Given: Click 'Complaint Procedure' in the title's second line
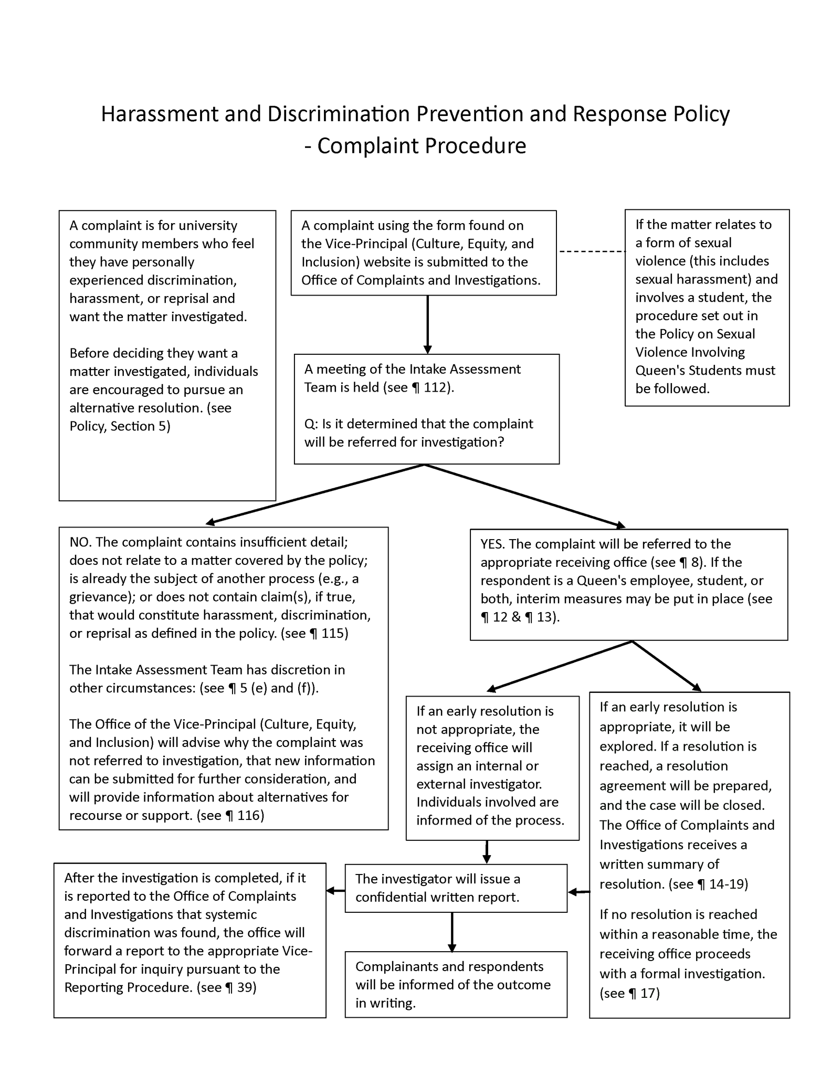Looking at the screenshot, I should tap(422, 146).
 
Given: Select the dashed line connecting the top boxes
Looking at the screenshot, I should tap(592, 252).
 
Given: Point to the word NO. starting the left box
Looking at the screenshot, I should tap(80, 542).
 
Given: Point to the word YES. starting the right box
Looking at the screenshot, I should tap(492, 544).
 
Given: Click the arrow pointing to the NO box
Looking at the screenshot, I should tap(315, 494).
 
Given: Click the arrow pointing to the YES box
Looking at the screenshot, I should tap(525, 496).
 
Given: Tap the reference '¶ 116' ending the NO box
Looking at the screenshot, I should tap(244, 815).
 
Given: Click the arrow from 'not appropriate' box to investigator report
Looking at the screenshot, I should tap(487, 851).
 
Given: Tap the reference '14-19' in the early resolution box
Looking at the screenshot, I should tap(728, 884).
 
